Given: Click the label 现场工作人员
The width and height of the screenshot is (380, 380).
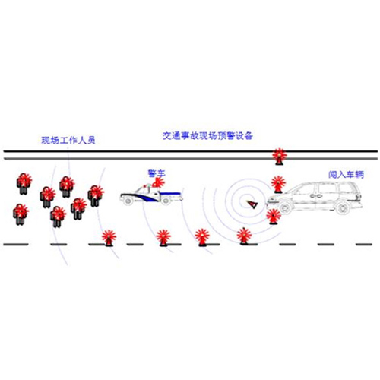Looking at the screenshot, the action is point(68,140).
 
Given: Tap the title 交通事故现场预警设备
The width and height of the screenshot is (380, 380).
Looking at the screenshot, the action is point(207,136).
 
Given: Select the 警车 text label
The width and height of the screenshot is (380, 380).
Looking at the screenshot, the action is point(157,173).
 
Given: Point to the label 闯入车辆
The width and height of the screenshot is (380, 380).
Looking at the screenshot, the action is point(346,174).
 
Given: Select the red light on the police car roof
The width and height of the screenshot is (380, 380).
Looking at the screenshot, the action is point(158,182).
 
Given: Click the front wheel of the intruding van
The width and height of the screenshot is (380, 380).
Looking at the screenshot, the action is point(286,208).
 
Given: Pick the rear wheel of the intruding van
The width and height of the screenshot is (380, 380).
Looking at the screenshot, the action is point(344,208).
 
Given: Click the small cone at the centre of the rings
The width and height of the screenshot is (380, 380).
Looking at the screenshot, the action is point(252,204).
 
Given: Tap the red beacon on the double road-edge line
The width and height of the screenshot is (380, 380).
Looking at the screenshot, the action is point(279,157).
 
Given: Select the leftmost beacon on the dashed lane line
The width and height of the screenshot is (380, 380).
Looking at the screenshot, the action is point(109,238).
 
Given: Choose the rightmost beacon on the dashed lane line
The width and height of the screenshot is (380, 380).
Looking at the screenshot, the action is point(244,236).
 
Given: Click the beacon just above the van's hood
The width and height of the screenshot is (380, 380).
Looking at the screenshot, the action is point(278,184).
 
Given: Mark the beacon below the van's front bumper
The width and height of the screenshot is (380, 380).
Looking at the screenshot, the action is point(274,217).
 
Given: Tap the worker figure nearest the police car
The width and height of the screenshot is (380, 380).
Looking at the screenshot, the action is point(96,195).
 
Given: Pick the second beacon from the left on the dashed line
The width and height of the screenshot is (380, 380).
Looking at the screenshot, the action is point(163,238).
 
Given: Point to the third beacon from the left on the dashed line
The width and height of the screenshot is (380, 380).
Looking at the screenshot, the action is point(202,237).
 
